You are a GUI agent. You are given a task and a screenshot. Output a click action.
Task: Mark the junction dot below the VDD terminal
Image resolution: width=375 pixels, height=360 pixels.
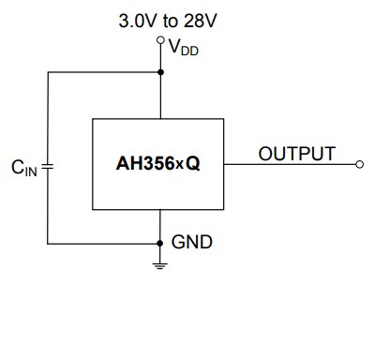click(x=160, y=71)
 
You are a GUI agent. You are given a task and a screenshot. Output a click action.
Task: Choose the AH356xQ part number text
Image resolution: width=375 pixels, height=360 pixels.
click(x=158, y=164)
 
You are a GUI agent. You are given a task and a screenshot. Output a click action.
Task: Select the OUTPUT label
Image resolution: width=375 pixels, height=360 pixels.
click(x=296, y=154)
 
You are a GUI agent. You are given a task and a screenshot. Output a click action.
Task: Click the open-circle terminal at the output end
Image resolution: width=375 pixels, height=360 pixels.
click(x=360, y=164)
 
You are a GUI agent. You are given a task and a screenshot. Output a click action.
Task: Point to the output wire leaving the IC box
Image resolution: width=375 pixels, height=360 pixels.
click(x=281, y=164)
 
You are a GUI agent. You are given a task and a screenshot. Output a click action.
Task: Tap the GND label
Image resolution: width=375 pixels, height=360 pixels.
click(x=191, y=242)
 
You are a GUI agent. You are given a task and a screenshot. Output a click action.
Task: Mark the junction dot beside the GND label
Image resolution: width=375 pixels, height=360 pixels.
click(x=160, y=243)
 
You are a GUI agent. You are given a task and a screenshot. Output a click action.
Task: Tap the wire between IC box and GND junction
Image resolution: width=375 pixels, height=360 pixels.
click(x=160, y=226)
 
